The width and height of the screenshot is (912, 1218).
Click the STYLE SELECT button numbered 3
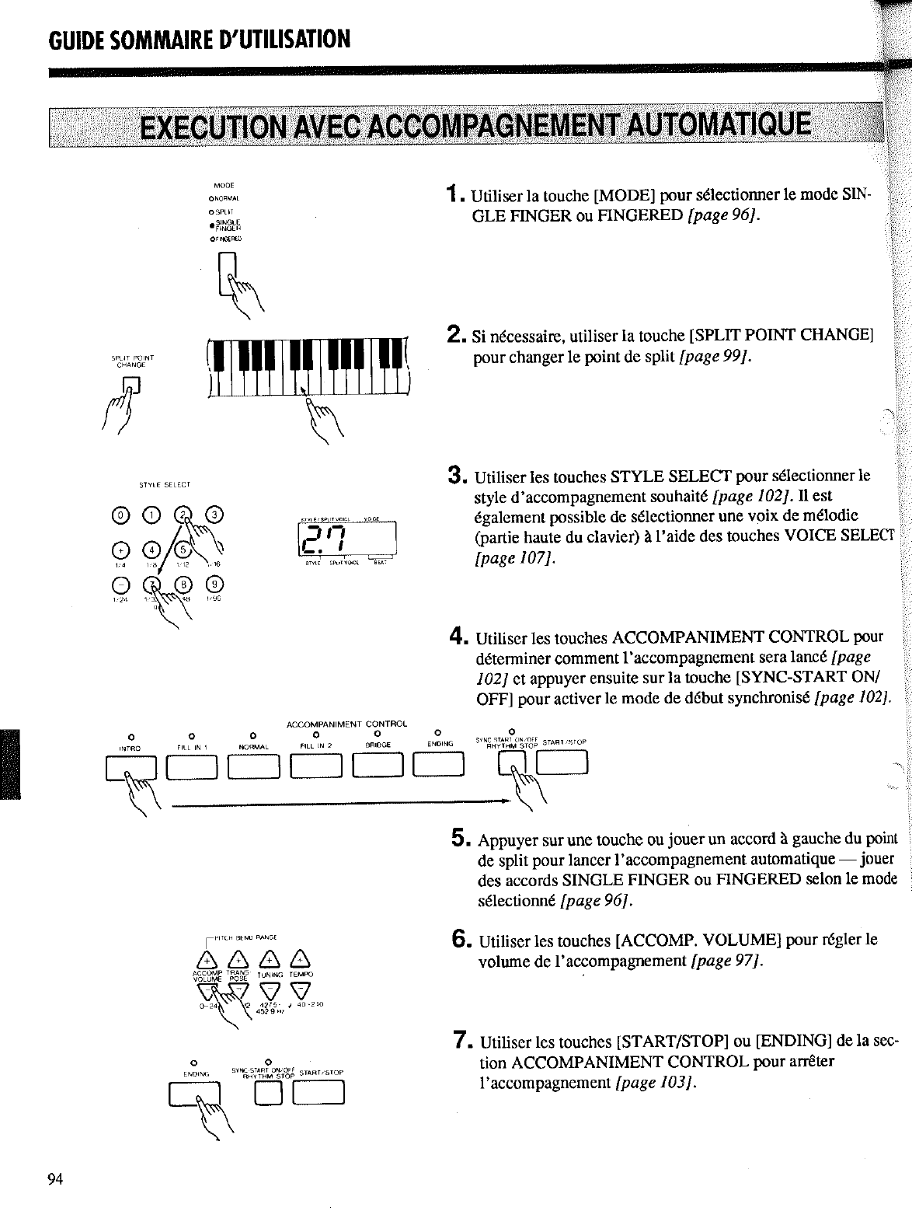215,513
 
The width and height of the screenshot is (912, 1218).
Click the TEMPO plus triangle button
300,961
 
